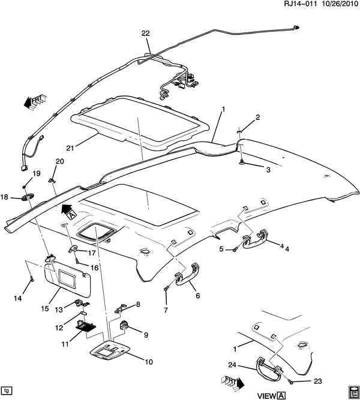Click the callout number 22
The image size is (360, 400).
145,34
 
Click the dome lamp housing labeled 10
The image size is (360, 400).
118,352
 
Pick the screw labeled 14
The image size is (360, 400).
31,279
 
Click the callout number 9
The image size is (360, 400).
145,334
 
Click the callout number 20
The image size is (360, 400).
59,161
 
